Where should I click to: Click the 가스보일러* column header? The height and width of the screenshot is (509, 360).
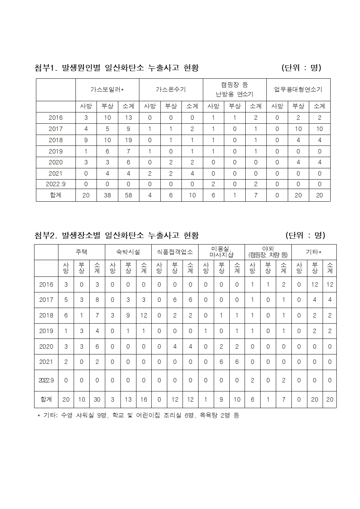tap(107, 90)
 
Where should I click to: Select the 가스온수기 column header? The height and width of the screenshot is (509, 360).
tap(171, 90)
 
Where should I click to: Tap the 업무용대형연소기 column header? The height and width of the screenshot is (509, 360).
tap(298, 90)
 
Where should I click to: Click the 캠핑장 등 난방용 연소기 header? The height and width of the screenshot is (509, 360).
tap(234, 90)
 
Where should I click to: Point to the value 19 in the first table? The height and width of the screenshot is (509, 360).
tap(128, 140)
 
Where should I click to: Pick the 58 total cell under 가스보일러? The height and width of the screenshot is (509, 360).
tap(128, 195)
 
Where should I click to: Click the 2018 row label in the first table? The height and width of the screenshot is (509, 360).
tap(56, 140)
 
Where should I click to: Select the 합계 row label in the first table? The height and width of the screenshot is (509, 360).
tap(56, 195)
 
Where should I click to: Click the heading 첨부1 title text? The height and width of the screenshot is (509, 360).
tap(116, 68)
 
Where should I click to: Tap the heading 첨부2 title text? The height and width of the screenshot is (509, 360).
tap(116, 235)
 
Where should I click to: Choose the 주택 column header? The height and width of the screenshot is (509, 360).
tap(81, 252)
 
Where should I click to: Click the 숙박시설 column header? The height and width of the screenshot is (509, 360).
tap(128, 252)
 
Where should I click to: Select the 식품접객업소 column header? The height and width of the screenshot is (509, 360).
tap(175, 252)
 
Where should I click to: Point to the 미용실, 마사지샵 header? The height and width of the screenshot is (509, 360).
tap(221, 252)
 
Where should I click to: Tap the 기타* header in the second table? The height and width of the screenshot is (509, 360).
tap(314, 252)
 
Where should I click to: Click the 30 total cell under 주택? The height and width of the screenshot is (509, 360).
tap(97, 399)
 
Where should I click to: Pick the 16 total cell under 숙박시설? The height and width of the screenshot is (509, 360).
tap(144, 399)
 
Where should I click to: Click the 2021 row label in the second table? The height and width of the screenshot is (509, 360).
tap(46, 362)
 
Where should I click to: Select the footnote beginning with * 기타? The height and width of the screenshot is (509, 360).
tap(138, 415)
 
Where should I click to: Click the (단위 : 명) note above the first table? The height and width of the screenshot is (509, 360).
tap(301, 68)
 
